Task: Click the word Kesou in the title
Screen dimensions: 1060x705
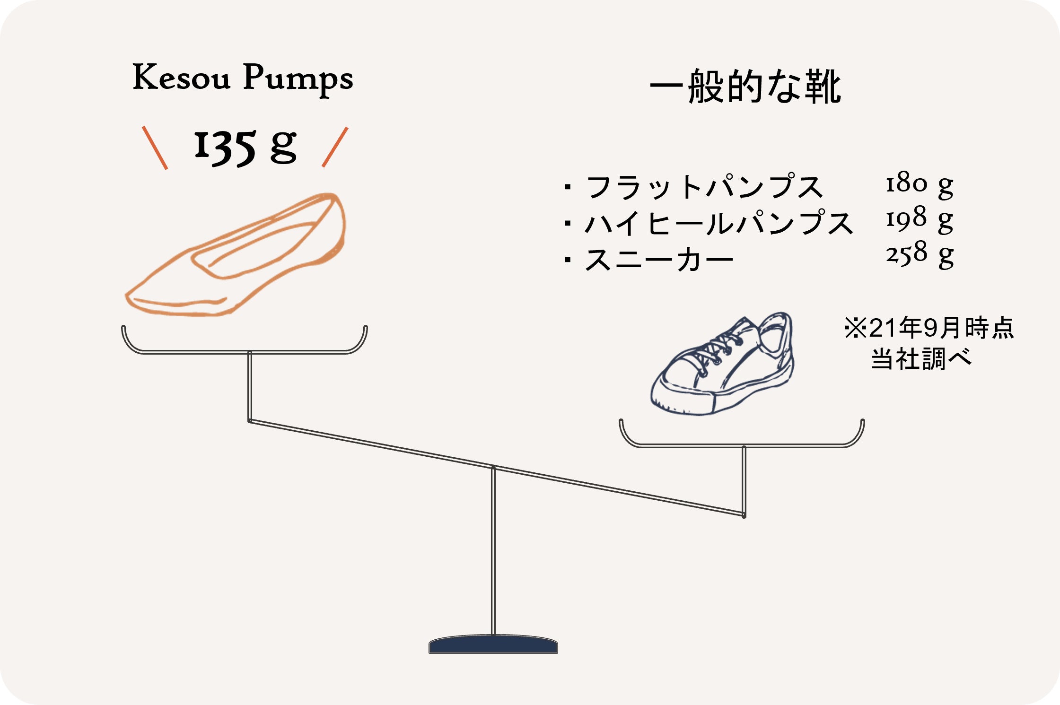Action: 182,77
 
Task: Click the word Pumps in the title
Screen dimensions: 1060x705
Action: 298,79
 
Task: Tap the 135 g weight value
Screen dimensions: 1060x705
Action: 245,147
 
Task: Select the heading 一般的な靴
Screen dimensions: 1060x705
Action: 746,86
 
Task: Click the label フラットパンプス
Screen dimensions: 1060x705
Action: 705,186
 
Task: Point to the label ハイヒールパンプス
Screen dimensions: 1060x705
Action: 719,223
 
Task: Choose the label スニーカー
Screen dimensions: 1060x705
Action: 659,260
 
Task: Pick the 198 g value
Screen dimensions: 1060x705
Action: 920,220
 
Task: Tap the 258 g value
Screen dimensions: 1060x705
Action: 920,255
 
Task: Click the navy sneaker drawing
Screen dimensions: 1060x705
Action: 722,364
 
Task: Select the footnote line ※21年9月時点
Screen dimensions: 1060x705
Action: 929,328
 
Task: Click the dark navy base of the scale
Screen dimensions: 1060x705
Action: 493,644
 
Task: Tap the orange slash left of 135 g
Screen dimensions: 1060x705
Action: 155,148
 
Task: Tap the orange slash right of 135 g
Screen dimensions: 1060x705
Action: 335,147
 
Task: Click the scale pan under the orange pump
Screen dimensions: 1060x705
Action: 244,352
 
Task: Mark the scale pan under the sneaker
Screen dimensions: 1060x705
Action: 742,445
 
